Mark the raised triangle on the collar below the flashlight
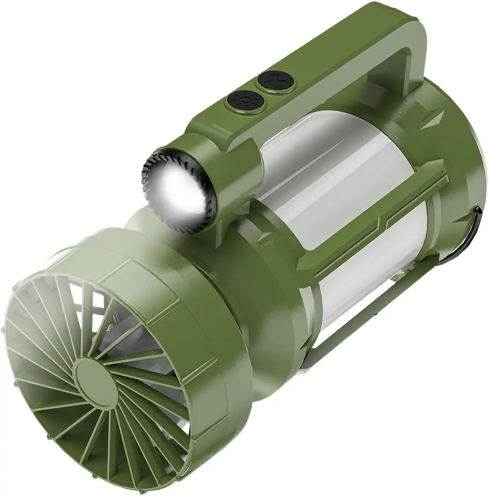pyautogui.click(x=264, y=237)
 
